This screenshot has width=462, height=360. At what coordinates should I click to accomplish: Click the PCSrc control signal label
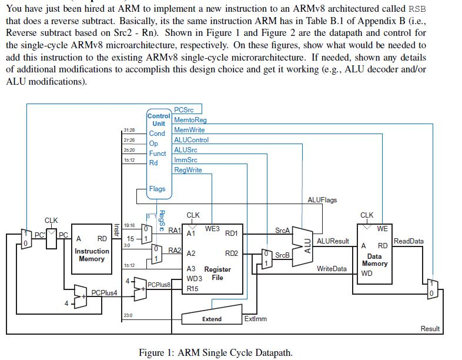183,110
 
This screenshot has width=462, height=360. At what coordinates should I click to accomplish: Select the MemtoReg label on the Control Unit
190,120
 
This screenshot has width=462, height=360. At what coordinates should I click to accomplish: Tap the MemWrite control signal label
189,130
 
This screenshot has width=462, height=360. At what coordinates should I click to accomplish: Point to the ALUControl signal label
191,140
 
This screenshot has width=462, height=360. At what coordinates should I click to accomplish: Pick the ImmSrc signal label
185,160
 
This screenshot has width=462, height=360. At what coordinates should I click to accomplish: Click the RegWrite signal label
188,170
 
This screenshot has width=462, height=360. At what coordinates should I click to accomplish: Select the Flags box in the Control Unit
157,189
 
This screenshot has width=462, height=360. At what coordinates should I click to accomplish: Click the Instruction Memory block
92,249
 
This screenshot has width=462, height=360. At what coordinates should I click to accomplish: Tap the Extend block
212,318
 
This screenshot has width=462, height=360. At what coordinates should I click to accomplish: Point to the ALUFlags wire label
322,200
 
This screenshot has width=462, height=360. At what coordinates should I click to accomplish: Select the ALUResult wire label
333,241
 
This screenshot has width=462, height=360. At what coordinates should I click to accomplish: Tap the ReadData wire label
409,241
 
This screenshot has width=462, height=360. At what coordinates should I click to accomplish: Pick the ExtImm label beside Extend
255,319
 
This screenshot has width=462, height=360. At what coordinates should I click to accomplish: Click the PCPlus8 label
158,285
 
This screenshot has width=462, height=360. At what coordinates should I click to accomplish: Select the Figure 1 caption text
215,352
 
